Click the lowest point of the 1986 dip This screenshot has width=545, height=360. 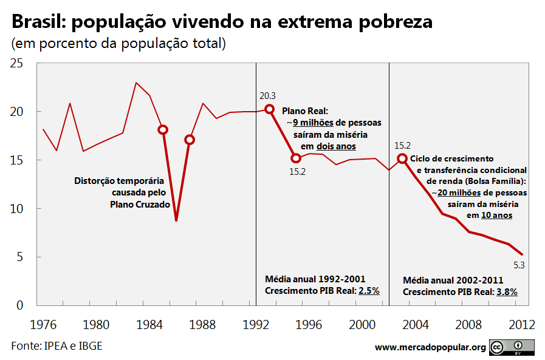point(176,220)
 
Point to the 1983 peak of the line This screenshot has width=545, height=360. point(136,83)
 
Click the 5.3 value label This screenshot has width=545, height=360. point(519,265)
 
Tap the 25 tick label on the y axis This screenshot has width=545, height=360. point(16,63)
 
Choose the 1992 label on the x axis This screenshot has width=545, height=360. point(255,325)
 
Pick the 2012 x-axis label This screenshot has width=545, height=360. point(522,325)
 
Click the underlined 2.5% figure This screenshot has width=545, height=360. point(369,291)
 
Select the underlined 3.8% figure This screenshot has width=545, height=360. point(507,292)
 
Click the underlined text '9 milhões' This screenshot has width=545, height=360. point(313,123)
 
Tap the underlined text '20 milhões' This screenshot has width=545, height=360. point(459,192)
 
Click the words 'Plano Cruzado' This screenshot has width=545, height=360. point(140,205)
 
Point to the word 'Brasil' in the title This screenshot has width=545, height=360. point(37,21)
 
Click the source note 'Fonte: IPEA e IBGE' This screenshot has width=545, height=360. point(57,346)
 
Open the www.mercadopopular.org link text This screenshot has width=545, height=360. point(430,347)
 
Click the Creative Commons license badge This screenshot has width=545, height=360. point(512,347)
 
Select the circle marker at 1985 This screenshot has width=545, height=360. point(163,130)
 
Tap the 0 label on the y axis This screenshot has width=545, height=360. point(20,305)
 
